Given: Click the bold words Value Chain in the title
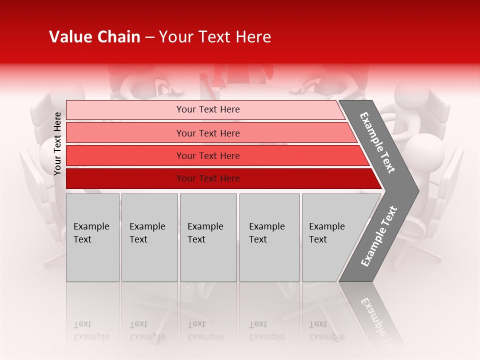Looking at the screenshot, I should (x=94, y=37).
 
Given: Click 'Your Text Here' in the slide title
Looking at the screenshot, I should (x=215, y=37).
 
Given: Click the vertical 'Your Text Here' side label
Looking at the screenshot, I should (x=57, y=143).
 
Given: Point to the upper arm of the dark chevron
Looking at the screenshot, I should (x=378, y=142).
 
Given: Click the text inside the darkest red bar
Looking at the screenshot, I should (x=208, y=178).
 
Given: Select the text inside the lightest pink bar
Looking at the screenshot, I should (x=208, y=109).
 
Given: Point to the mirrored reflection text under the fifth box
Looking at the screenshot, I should (x=326, y=331).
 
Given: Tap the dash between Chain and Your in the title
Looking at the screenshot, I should (x=149, y=37).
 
